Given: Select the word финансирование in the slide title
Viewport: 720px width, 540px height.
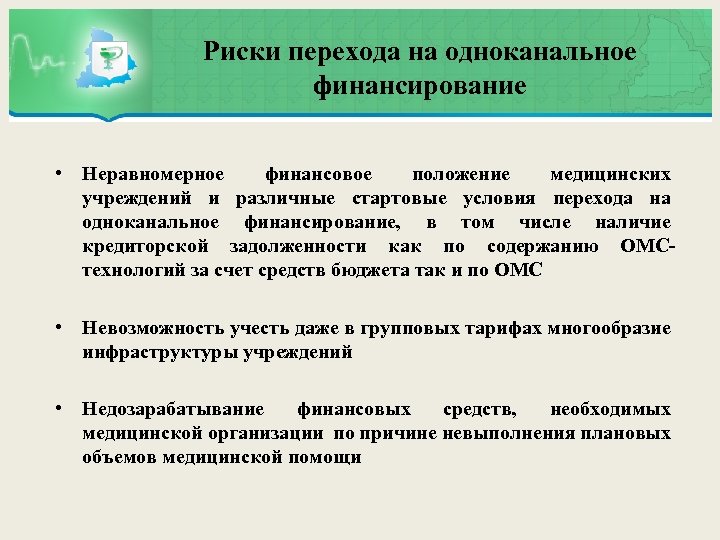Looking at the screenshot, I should pyautogui.click(x=419, y=87).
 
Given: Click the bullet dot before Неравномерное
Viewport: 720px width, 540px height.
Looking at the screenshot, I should pyautogui.click(x=61, y=173).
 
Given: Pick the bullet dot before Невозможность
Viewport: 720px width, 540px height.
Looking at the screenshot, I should pyautogui.click(x=61, y=328).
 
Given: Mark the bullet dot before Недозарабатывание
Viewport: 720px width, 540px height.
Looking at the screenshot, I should pyautogui.click(x=61, y=408).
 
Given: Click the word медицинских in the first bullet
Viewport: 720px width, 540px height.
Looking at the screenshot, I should pyautogui.click(x=611, y=175).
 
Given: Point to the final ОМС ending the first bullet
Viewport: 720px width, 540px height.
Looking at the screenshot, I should pyautogui.click(x=517, y=271).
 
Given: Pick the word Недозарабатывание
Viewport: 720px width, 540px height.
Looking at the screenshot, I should pyautogui.click(x=174, y=409).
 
